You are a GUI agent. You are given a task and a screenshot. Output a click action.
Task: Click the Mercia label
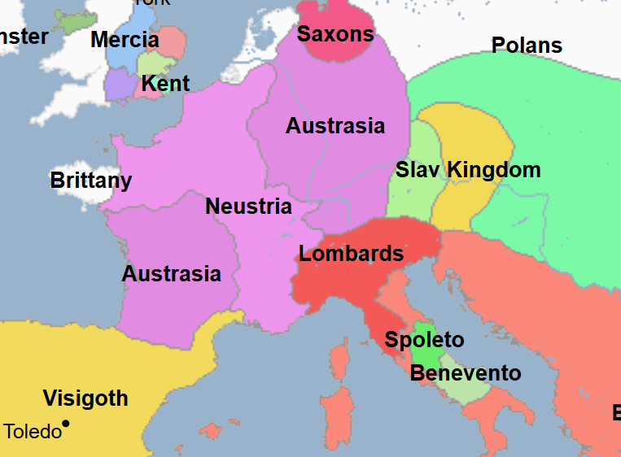point(125,40)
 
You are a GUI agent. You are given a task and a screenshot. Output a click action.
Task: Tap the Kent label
point(165,84)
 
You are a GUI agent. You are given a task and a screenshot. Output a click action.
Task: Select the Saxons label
point(335,34)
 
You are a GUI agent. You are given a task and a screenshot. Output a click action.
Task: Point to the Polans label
point(527,46)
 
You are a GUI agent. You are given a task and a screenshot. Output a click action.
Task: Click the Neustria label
point(248,207)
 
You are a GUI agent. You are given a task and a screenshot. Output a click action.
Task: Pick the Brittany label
point(91,181)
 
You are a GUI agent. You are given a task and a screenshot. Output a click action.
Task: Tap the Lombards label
point(351,254)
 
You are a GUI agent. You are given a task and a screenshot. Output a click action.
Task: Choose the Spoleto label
point(424,340)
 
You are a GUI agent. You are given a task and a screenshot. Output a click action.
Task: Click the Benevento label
point(466,373)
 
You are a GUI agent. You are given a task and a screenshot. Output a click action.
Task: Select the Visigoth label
point(85,398)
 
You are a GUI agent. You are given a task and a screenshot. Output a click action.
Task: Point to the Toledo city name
point(33,432)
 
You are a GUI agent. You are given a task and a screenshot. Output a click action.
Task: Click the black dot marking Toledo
point(66,424)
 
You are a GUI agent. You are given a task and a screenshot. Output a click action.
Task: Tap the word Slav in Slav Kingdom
point(418,170)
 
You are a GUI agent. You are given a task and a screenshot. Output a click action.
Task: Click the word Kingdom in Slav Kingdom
point(494,170)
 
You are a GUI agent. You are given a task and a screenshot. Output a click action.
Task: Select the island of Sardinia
point(335,415)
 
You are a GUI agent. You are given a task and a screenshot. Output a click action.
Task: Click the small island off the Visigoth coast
point(212,430)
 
